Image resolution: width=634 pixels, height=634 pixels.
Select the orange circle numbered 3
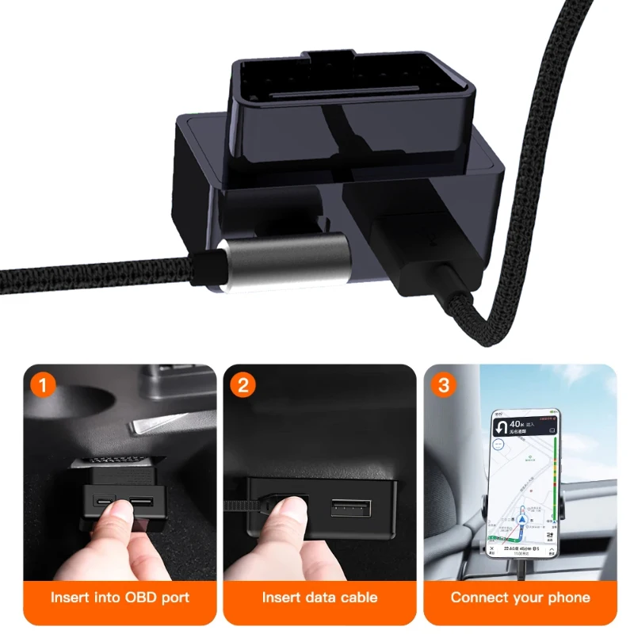(445, 387)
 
